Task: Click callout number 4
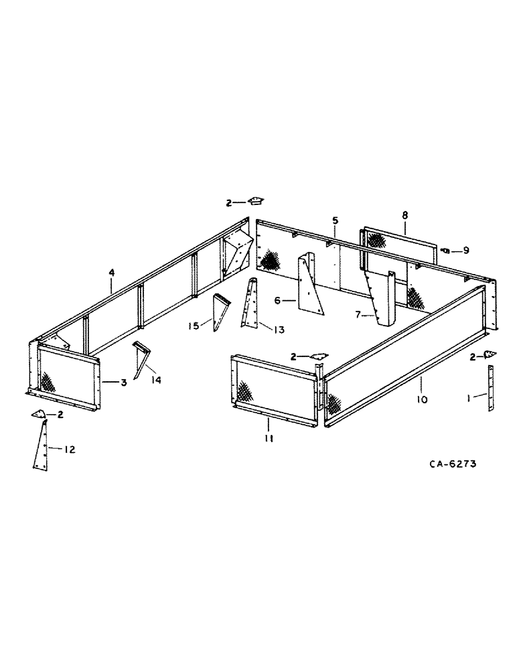(x=112, y=273)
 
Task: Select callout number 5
(x=335, y=220)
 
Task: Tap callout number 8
(x=404, y=215)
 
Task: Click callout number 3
(x=124, y=383)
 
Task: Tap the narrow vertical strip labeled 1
(x=490, y=389)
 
